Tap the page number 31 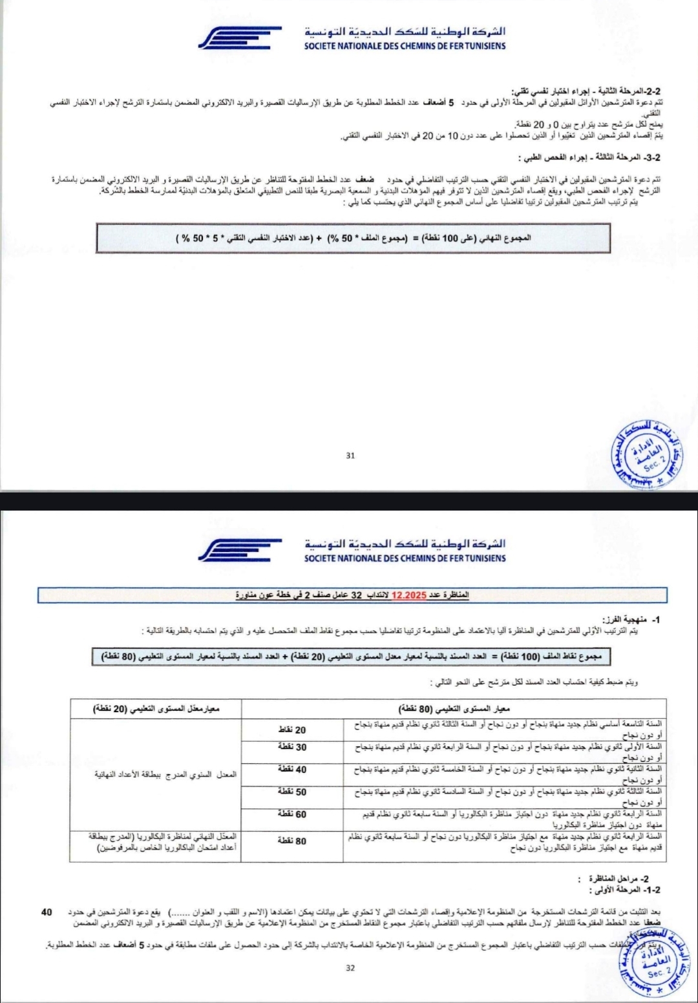(x=350, y=455)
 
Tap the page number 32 (x=350, y=967)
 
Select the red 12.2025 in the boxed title (x=408, y=595)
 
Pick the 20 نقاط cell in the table (x=292, y=730)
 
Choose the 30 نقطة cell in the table (x=292, y=747)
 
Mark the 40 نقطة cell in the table (x=292, y=769)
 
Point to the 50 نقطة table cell (x=292, y=792)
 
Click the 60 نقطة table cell (x=292, y=814)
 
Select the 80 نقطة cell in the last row (x=292, y=841)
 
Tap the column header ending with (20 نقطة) (x=156, y=708)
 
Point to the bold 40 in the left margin (x=47, y=912)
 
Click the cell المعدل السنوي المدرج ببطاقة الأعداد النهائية (x=165, y=774)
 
